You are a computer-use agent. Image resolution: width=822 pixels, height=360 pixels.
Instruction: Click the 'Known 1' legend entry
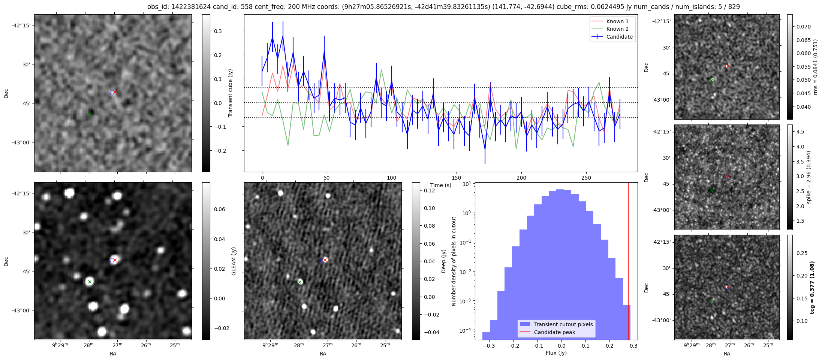pos(617,21)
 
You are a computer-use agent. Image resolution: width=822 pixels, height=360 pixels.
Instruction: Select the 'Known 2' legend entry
pos(617,29)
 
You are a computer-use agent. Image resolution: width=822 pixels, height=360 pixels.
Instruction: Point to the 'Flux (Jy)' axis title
pos(556,353)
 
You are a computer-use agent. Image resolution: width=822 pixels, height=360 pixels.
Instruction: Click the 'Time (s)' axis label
pos(440,185)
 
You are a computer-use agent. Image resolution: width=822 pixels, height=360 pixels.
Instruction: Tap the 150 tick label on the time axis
pos(456,178)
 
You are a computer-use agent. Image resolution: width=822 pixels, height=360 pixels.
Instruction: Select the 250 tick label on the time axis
pos(586,178)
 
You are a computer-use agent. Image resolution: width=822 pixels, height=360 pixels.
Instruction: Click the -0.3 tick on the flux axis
pos(489,346)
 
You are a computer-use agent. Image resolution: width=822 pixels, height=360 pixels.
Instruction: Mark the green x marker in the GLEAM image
pos(90,282)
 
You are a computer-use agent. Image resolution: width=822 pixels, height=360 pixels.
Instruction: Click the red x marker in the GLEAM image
pos(115,260)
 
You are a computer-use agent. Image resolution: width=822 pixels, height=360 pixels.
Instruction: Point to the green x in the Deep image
pos(299,282)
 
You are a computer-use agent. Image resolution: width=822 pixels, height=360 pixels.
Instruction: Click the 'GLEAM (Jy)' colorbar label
pos(234,261)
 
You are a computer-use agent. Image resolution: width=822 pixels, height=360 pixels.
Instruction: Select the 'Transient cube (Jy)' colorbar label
pos(230,93)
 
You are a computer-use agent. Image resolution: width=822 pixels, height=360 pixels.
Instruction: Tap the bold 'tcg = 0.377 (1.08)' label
pos(812,287)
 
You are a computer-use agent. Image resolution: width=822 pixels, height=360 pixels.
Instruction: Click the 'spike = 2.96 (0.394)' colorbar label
pos(809,177)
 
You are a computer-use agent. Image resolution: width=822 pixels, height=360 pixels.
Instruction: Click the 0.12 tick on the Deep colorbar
pos(429,190)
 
